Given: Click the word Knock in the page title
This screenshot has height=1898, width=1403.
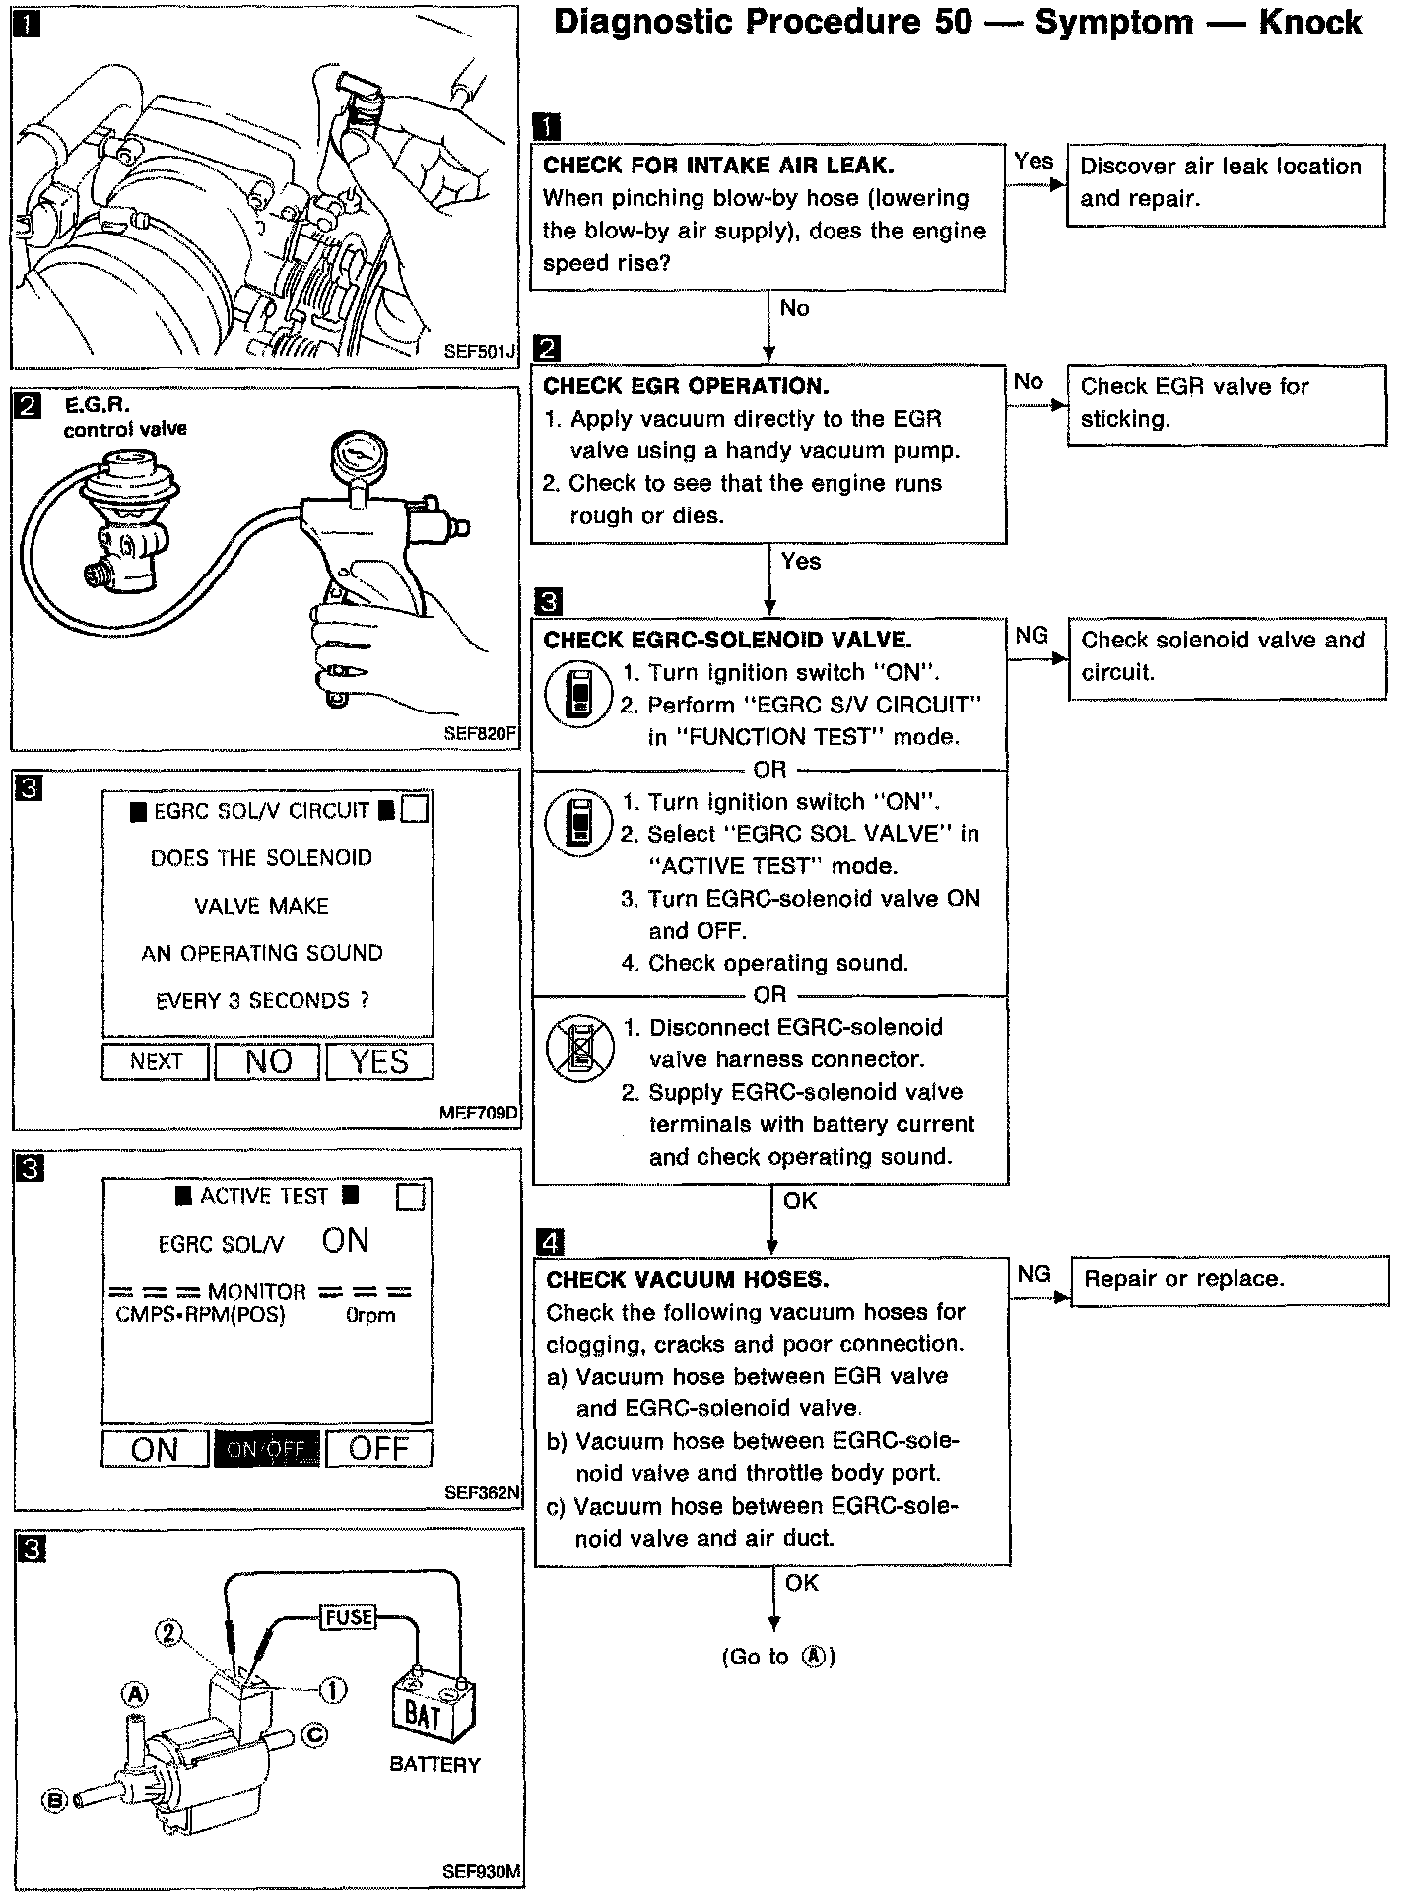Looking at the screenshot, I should click(1309, 23).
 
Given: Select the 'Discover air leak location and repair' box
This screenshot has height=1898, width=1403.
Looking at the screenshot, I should click(1225, 183).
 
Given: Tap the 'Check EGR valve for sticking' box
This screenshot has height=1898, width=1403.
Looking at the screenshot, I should click(1225, 403).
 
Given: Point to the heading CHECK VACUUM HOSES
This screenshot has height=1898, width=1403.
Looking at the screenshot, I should click(687, 1280).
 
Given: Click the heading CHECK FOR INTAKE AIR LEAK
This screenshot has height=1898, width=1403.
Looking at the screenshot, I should click(718, 166).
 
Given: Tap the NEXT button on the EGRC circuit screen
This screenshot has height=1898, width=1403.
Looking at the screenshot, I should click(156, 1061).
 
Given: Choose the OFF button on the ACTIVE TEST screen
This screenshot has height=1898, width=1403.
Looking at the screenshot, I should click(378, 1449).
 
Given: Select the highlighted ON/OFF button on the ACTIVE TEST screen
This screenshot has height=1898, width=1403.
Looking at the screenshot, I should click(266, 1449).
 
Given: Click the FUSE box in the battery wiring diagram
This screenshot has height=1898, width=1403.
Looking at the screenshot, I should click(349, 1617).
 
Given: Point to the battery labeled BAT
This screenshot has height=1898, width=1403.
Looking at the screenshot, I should click(433, 1715).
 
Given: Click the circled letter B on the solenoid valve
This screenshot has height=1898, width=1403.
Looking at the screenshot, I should click(55, 1801).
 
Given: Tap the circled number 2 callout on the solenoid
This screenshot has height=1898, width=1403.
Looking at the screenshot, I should click(169, 1634).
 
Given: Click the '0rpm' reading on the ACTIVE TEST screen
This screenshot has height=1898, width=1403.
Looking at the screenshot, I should click(370, 1316).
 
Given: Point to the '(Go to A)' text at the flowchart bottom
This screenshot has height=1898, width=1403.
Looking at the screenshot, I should click(778, 1657).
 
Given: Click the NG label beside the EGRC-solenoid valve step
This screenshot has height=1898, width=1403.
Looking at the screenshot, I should click(1032, 636).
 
